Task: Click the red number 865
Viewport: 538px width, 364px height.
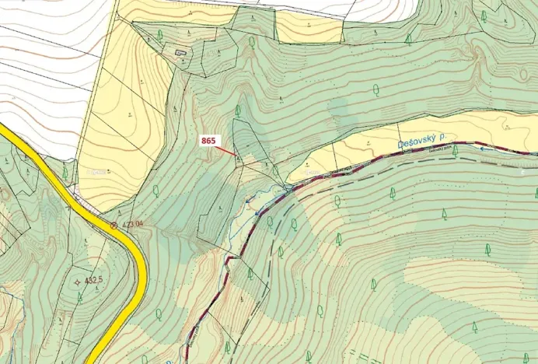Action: coord(208,141)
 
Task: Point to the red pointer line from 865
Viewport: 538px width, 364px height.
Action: coord(228,150)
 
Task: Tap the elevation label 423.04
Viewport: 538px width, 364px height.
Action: coord(131,224)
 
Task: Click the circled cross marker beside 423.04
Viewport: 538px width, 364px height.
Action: coord(114,225)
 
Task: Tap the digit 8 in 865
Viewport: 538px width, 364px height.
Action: coord(204,141)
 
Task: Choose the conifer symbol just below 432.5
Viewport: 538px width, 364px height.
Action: coord(79,296)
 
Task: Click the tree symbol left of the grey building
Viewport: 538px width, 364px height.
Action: coord(160,35)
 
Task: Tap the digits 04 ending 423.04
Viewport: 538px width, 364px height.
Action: coord(139,224)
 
